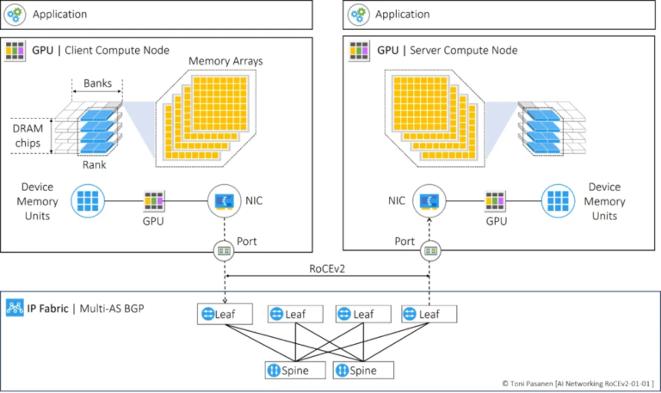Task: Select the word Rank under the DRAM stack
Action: pos(94,164)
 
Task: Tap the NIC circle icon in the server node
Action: pos(429,202)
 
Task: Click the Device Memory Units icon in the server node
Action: pos(559,202)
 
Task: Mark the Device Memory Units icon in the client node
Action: pos(88,202)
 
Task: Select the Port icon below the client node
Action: pos(225,253)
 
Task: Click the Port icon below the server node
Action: pos(429,253)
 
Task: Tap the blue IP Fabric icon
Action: pos(15,307)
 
